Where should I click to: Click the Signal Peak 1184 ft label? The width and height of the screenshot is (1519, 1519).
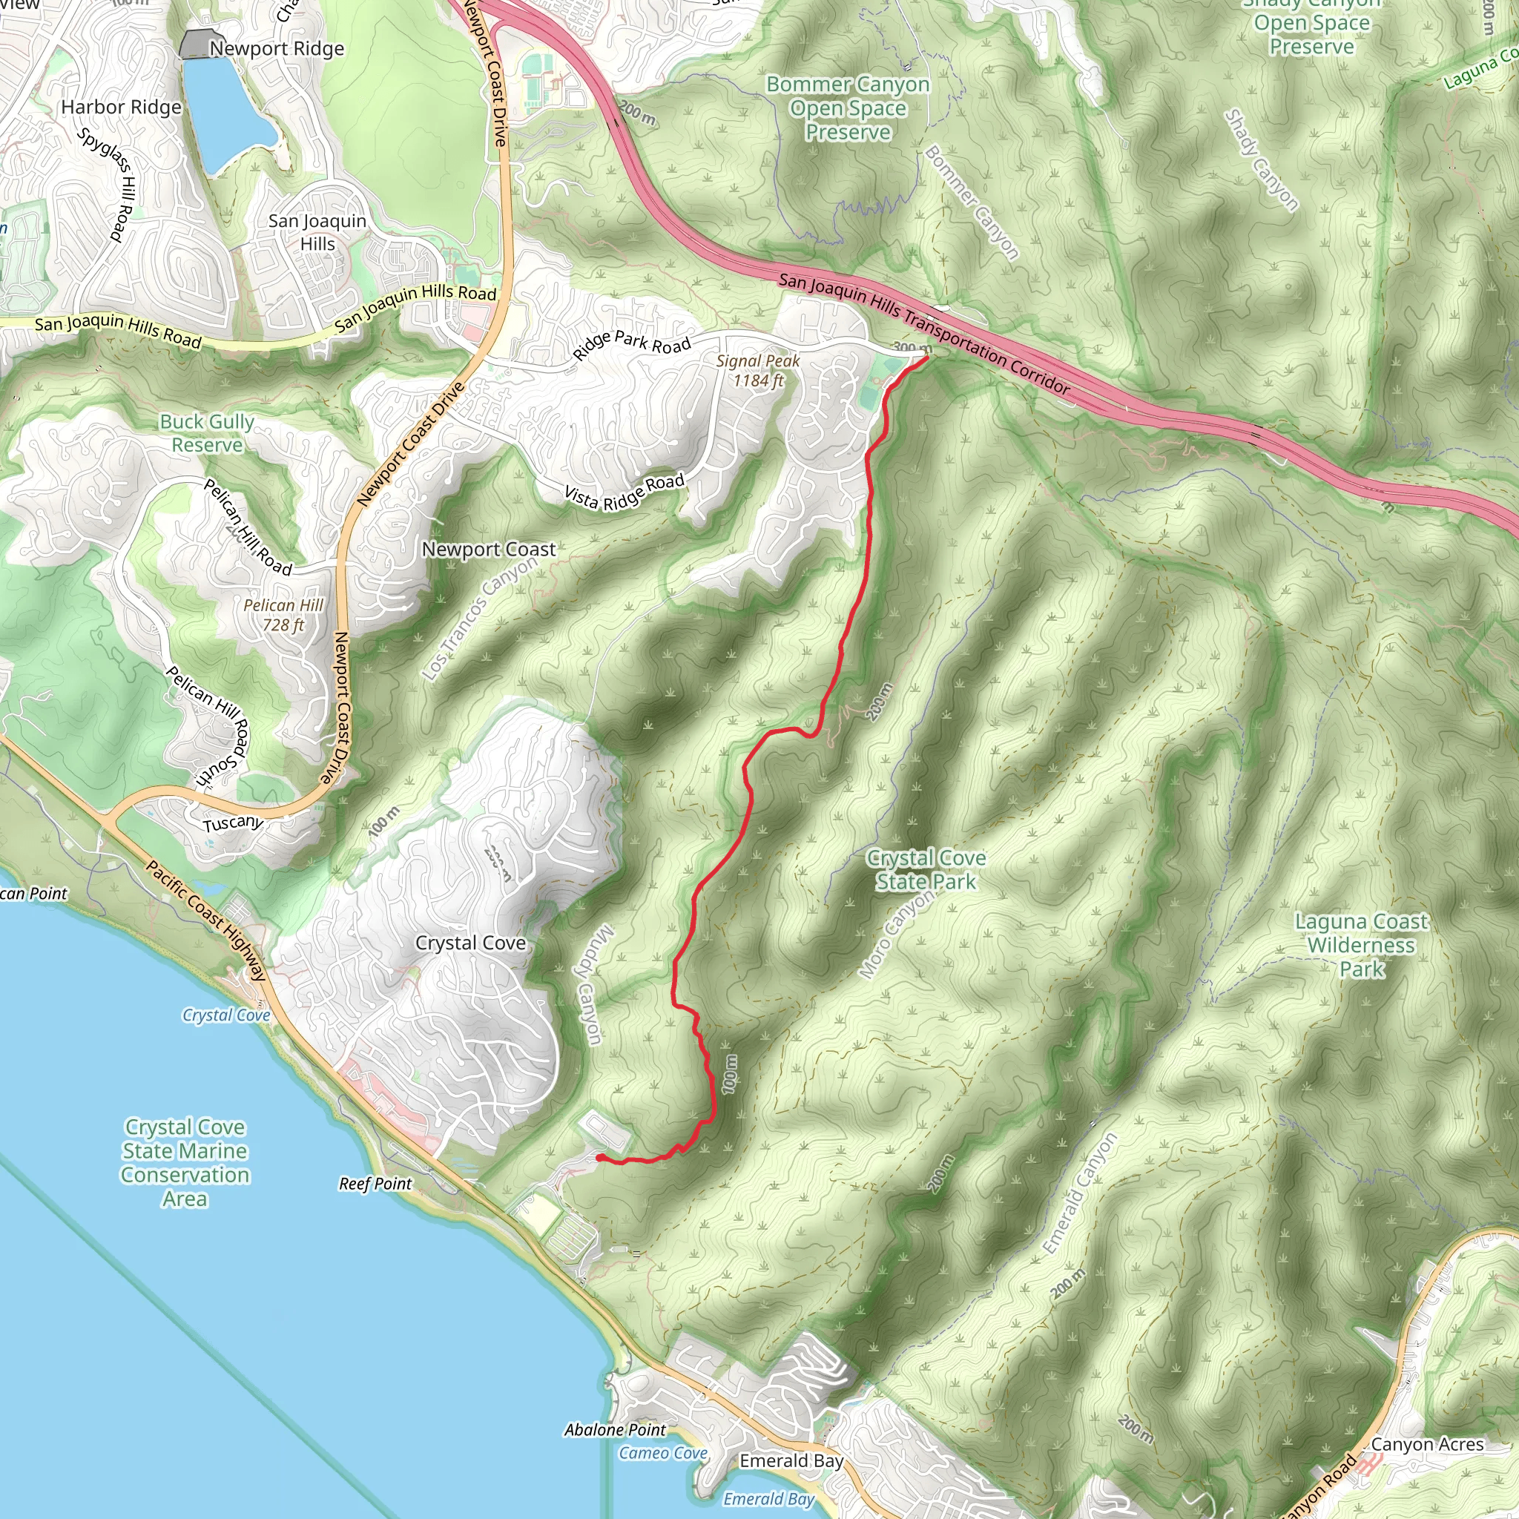(x=758, y=370)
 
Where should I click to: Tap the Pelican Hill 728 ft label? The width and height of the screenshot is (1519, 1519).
(x=283, y=615)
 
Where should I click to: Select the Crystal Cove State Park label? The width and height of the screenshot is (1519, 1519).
(x=926, y=869)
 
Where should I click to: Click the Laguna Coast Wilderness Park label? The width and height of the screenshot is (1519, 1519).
(x=1361, y=944)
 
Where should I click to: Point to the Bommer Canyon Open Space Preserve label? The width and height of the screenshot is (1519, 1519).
(x=848, y=108)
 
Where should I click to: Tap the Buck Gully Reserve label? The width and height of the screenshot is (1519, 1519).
(x=207, y=433)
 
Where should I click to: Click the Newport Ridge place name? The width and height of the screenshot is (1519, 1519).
(x=276, y=49)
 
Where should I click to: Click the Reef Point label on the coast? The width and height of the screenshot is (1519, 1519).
(x=375, y=1183)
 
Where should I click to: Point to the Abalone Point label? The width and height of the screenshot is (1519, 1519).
(x=615, y=1429)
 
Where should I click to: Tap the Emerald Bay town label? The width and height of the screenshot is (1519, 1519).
(x=791, y=1461)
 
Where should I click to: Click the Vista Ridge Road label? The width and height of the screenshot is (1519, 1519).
(x=625, y=492)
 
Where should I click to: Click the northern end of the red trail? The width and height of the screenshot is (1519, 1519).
(x=927, y=357)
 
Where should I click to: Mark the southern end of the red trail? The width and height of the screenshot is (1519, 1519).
(x=599, y=1157)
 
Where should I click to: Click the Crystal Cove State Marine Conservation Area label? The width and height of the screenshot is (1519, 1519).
(x=185, y=1163)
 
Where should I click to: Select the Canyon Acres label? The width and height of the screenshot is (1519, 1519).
(x=1427, y=1444)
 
